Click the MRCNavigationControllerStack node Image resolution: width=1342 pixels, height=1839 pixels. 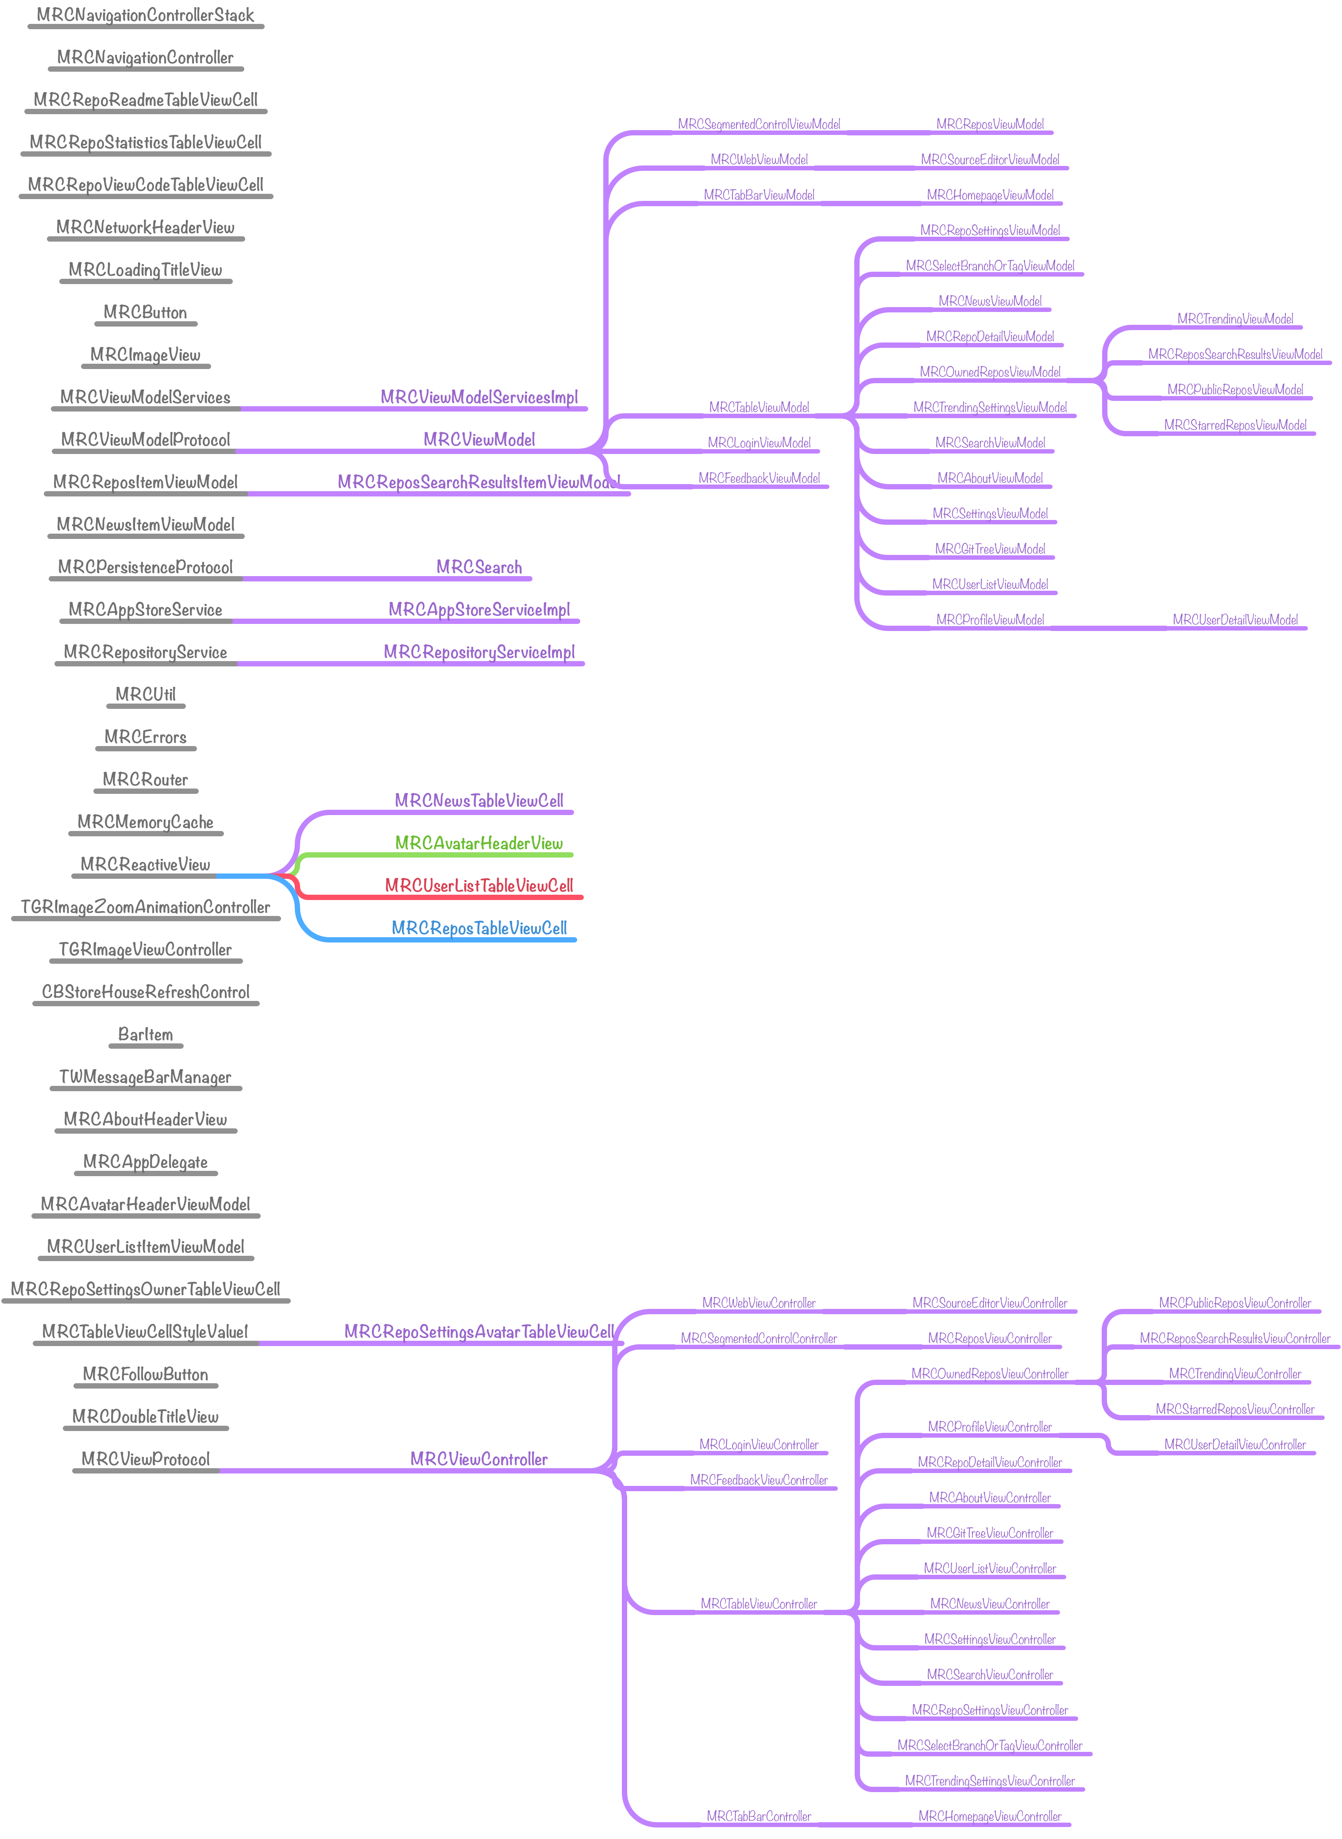(x=146, y=15)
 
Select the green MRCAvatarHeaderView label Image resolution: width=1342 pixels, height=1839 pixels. (x=478, y=843)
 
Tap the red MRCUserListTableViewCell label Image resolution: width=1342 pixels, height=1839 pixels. (x=478, y=886)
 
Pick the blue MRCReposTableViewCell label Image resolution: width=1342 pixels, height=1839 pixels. (x=478, y=928)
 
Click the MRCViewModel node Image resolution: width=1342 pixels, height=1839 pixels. (x=478, y=440)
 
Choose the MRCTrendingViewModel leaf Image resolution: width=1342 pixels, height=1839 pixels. (x=1235, y=319)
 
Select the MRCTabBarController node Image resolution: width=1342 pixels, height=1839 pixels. (x=759, y=1816)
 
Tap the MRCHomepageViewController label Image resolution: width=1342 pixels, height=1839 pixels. (x=989, y=1816)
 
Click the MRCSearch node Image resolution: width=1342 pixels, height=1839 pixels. (x=478, y=568)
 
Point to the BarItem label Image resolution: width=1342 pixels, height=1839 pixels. (x=146, y=1035)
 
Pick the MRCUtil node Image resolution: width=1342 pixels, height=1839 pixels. (x=146, y=695)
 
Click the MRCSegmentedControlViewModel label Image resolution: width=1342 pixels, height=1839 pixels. (x=759, y=124)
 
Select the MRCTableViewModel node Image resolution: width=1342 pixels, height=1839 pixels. (x=759, y=408)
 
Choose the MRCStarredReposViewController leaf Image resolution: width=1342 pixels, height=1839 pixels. (x=1235, y=1409)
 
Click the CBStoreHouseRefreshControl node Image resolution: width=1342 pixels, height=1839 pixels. (x=146, y=992)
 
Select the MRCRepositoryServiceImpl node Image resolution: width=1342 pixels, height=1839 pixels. (x=478, y=653)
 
